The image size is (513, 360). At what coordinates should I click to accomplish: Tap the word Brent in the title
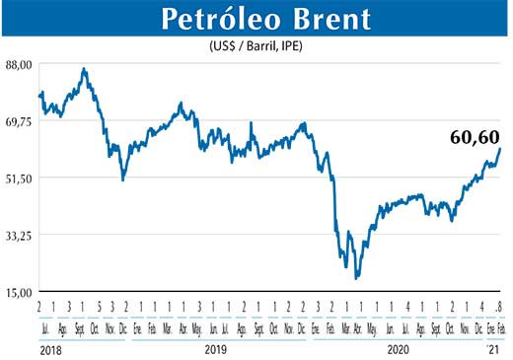(x=338, y=19)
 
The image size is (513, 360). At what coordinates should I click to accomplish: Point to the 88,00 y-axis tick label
(x=20, y=64)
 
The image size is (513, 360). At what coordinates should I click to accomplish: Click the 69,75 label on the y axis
(x=20, y=121)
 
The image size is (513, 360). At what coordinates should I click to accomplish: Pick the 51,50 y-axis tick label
(x=20, y=178)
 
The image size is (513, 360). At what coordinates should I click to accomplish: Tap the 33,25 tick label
(x=20, y=235)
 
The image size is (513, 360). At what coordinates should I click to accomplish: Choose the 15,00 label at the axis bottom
(x=20, y=292)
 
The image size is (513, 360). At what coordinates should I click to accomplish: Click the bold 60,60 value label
(x=473, y=137)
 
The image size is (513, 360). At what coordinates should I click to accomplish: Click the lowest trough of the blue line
(x=355, y=279)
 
